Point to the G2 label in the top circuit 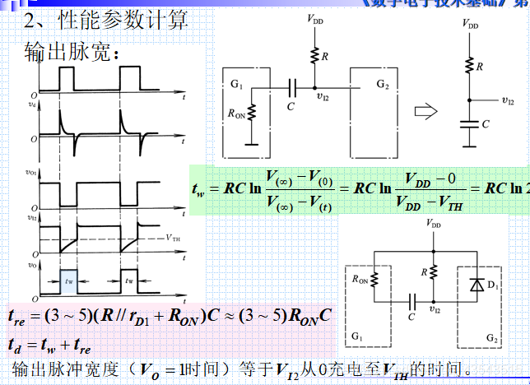pyautogui.click(x=383, y=85)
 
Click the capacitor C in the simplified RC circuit pyautogui.click(x=470, y=123)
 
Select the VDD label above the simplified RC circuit pyautogui.click(x=470, y=26)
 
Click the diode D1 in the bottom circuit pyautogui.click(x=475, y=285)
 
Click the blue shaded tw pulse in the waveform pyautogui.click(x=68, y=280)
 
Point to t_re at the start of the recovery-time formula pyautogui.click(x=17, y=315)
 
